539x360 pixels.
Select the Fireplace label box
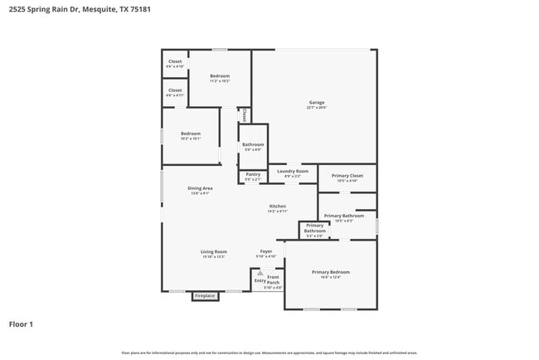pos(205,295)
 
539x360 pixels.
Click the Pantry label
pos(253,175)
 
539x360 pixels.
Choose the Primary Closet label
pos(347,177)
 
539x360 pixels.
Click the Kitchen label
pos(277,207)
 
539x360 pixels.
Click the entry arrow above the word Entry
pos(260,272)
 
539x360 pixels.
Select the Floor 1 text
pos(21,324)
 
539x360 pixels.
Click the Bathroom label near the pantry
pos(252,146)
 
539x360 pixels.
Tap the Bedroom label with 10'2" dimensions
pos(191,136)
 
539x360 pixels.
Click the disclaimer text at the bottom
pos(269,353)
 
